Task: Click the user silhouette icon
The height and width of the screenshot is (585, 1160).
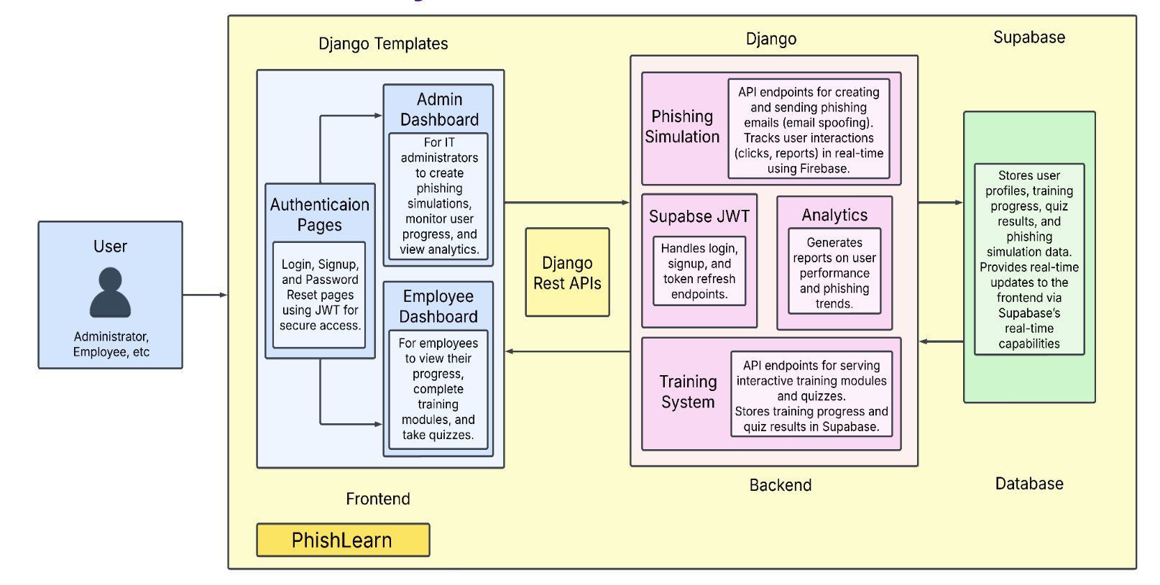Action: coord(110,292)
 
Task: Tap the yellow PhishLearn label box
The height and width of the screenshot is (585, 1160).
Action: coord(343,540)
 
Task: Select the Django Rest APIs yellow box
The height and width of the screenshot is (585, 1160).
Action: coord(567,272)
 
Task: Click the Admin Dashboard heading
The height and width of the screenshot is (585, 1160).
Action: coord(439,109)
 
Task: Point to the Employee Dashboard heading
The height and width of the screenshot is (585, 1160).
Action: coord(438,306)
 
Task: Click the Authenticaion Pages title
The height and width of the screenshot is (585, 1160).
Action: coord(320,215)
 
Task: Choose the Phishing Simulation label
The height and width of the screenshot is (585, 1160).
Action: coord(682,126)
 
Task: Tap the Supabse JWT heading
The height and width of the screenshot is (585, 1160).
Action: coord(699,216)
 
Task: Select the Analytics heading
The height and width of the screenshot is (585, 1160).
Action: coord(834,215)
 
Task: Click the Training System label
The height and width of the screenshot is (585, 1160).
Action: coord(688,392)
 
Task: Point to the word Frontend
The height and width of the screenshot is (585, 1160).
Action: coord(378,499)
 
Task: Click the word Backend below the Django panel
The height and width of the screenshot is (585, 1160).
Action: coord(781,485)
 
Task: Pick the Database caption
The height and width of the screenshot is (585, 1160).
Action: coord(1028,484)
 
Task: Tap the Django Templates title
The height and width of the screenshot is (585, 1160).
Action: coord(383,44)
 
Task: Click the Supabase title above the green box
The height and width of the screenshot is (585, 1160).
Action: coord(1028,37)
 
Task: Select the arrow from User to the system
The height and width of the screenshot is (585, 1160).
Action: coord(205,295)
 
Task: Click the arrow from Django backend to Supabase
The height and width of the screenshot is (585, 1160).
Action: coord(940,203)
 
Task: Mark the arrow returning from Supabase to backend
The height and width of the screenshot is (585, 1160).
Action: coord(942,341)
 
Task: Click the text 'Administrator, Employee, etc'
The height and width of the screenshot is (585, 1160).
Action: coord(111,344)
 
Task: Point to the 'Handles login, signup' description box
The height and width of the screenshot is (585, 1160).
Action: coord(699,271)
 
